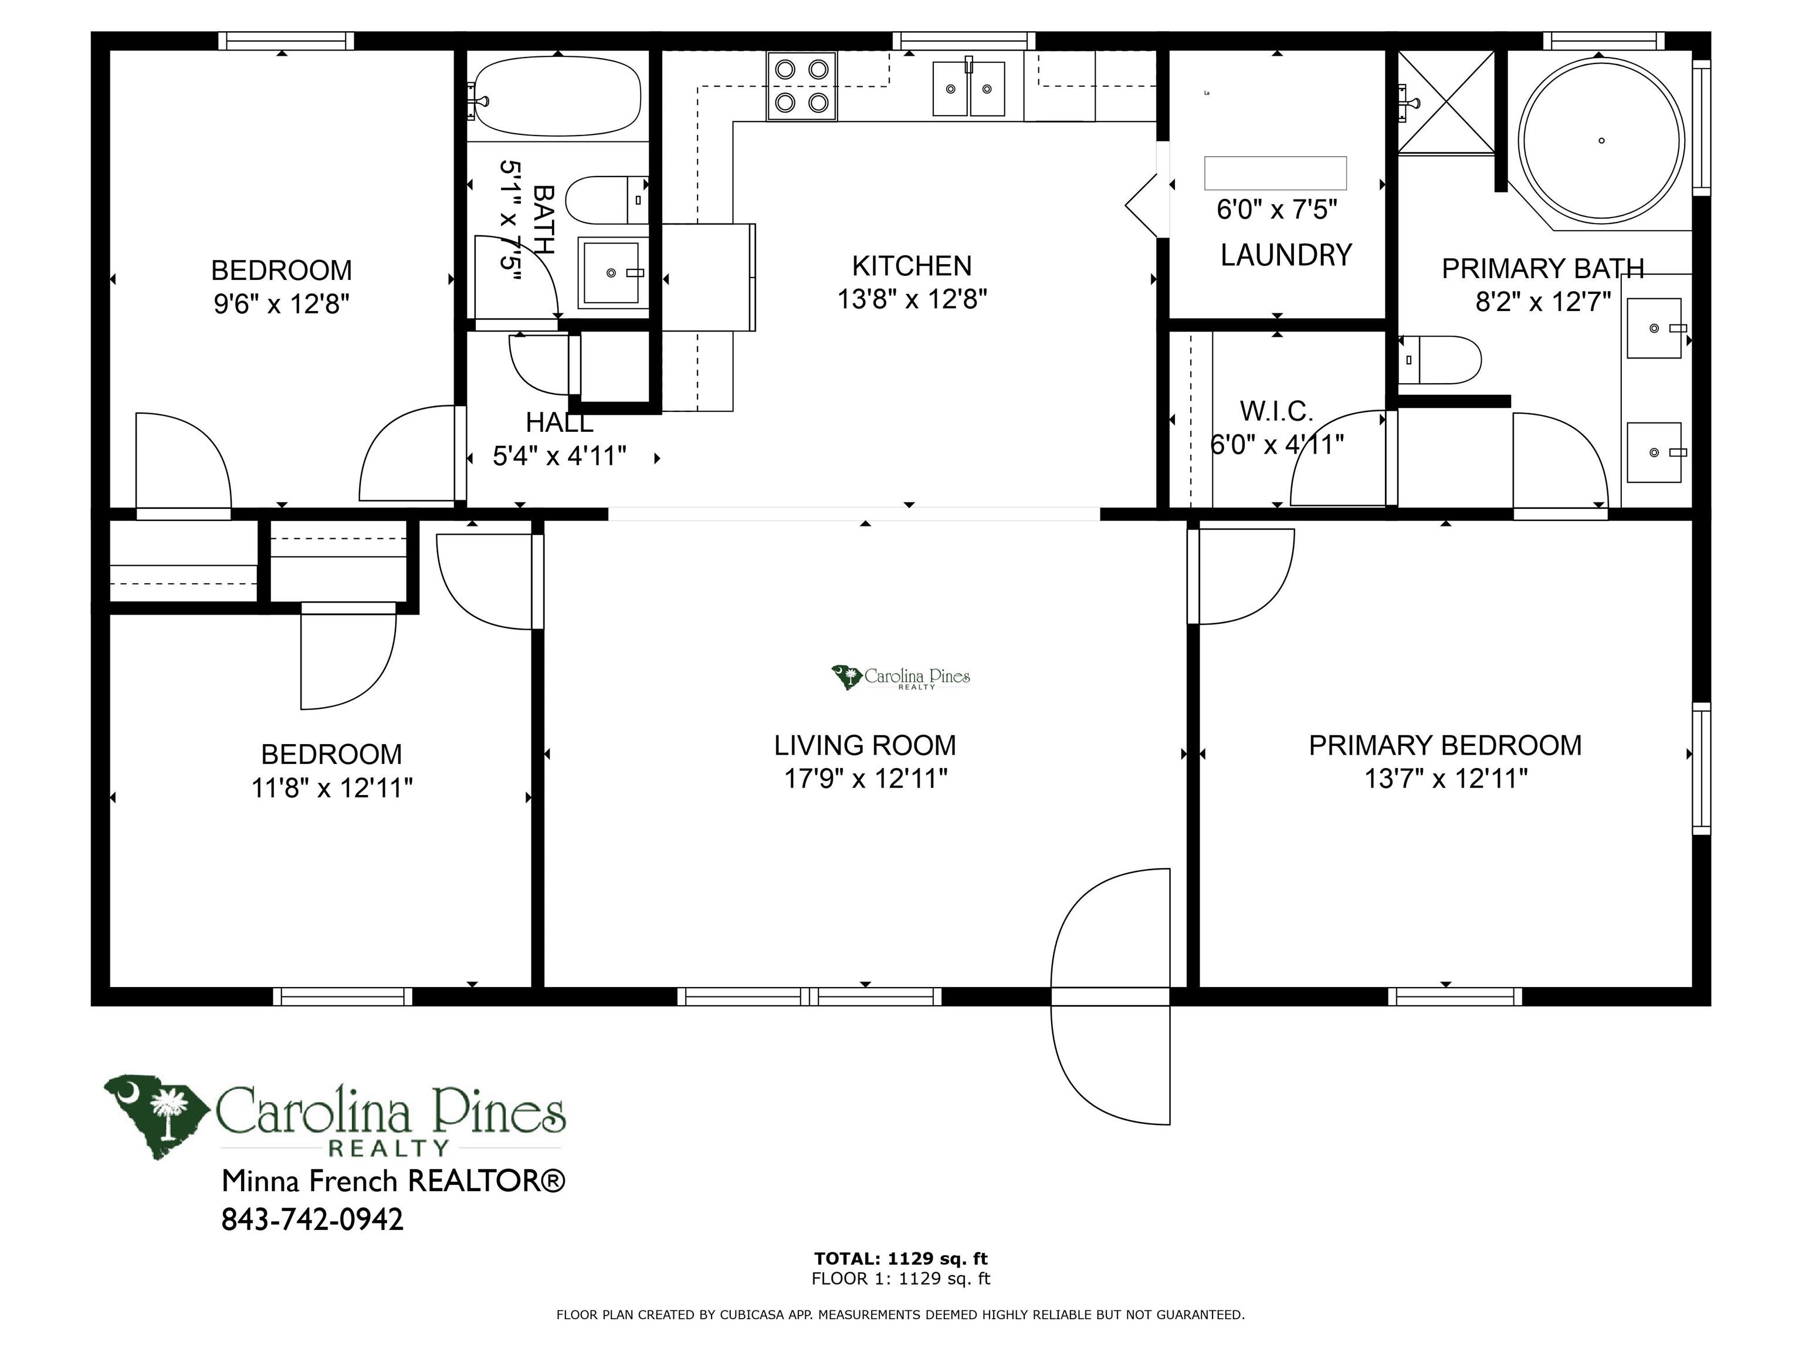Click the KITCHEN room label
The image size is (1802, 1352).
coord(912,266)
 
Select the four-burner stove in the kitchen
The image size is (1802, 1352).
coord(802,86)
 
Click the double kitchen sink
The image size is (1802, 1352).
coord(968,87)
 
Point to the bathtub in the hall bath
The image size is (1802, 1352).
coord(557,95)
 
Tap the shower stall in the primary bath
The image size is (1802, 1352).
coord(1447,102)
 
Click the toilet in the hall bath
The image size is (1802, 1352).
coord(607,200)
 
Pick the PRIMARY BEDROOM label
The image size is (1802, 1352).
coord(1445,745)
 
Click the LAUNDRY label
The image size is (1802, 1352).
coord(1286,255)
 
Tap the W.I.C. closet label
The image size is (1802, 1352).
coord(1276,411)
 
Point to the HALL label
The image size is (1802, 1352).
coord(559,422)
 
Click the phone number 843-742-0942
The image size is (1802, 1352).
coord(312,1219)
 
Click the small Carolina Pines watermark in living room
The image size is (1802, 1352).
coord(900,677)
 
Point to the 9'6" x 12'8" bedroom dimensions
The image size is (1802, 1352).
coord(282,304)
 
